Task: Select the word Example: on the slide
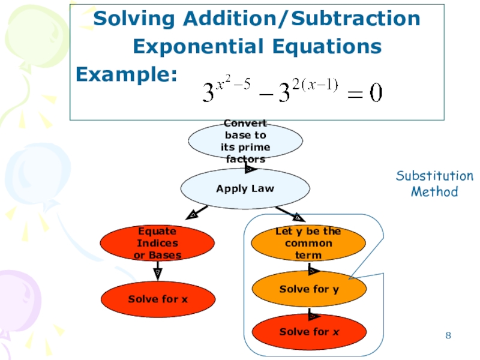126,74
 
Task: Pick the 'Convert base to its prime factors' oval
245,142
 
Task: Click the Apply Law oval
245,188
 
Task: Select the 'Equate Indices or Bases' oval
157,243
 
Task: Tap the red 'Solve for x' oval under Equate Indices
157,298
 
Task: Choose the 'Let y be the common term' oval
308,243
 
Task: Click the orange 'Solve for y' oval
308,289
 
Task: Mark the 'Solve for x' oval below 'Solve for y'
308,332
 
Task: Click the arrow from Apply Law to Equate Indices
197,212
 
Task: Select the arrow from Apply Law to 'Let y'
291,213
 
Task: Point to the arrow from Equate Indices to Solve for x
157,269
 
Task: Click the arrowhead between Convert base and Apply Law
248,169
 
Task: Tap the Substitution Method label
434,184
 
